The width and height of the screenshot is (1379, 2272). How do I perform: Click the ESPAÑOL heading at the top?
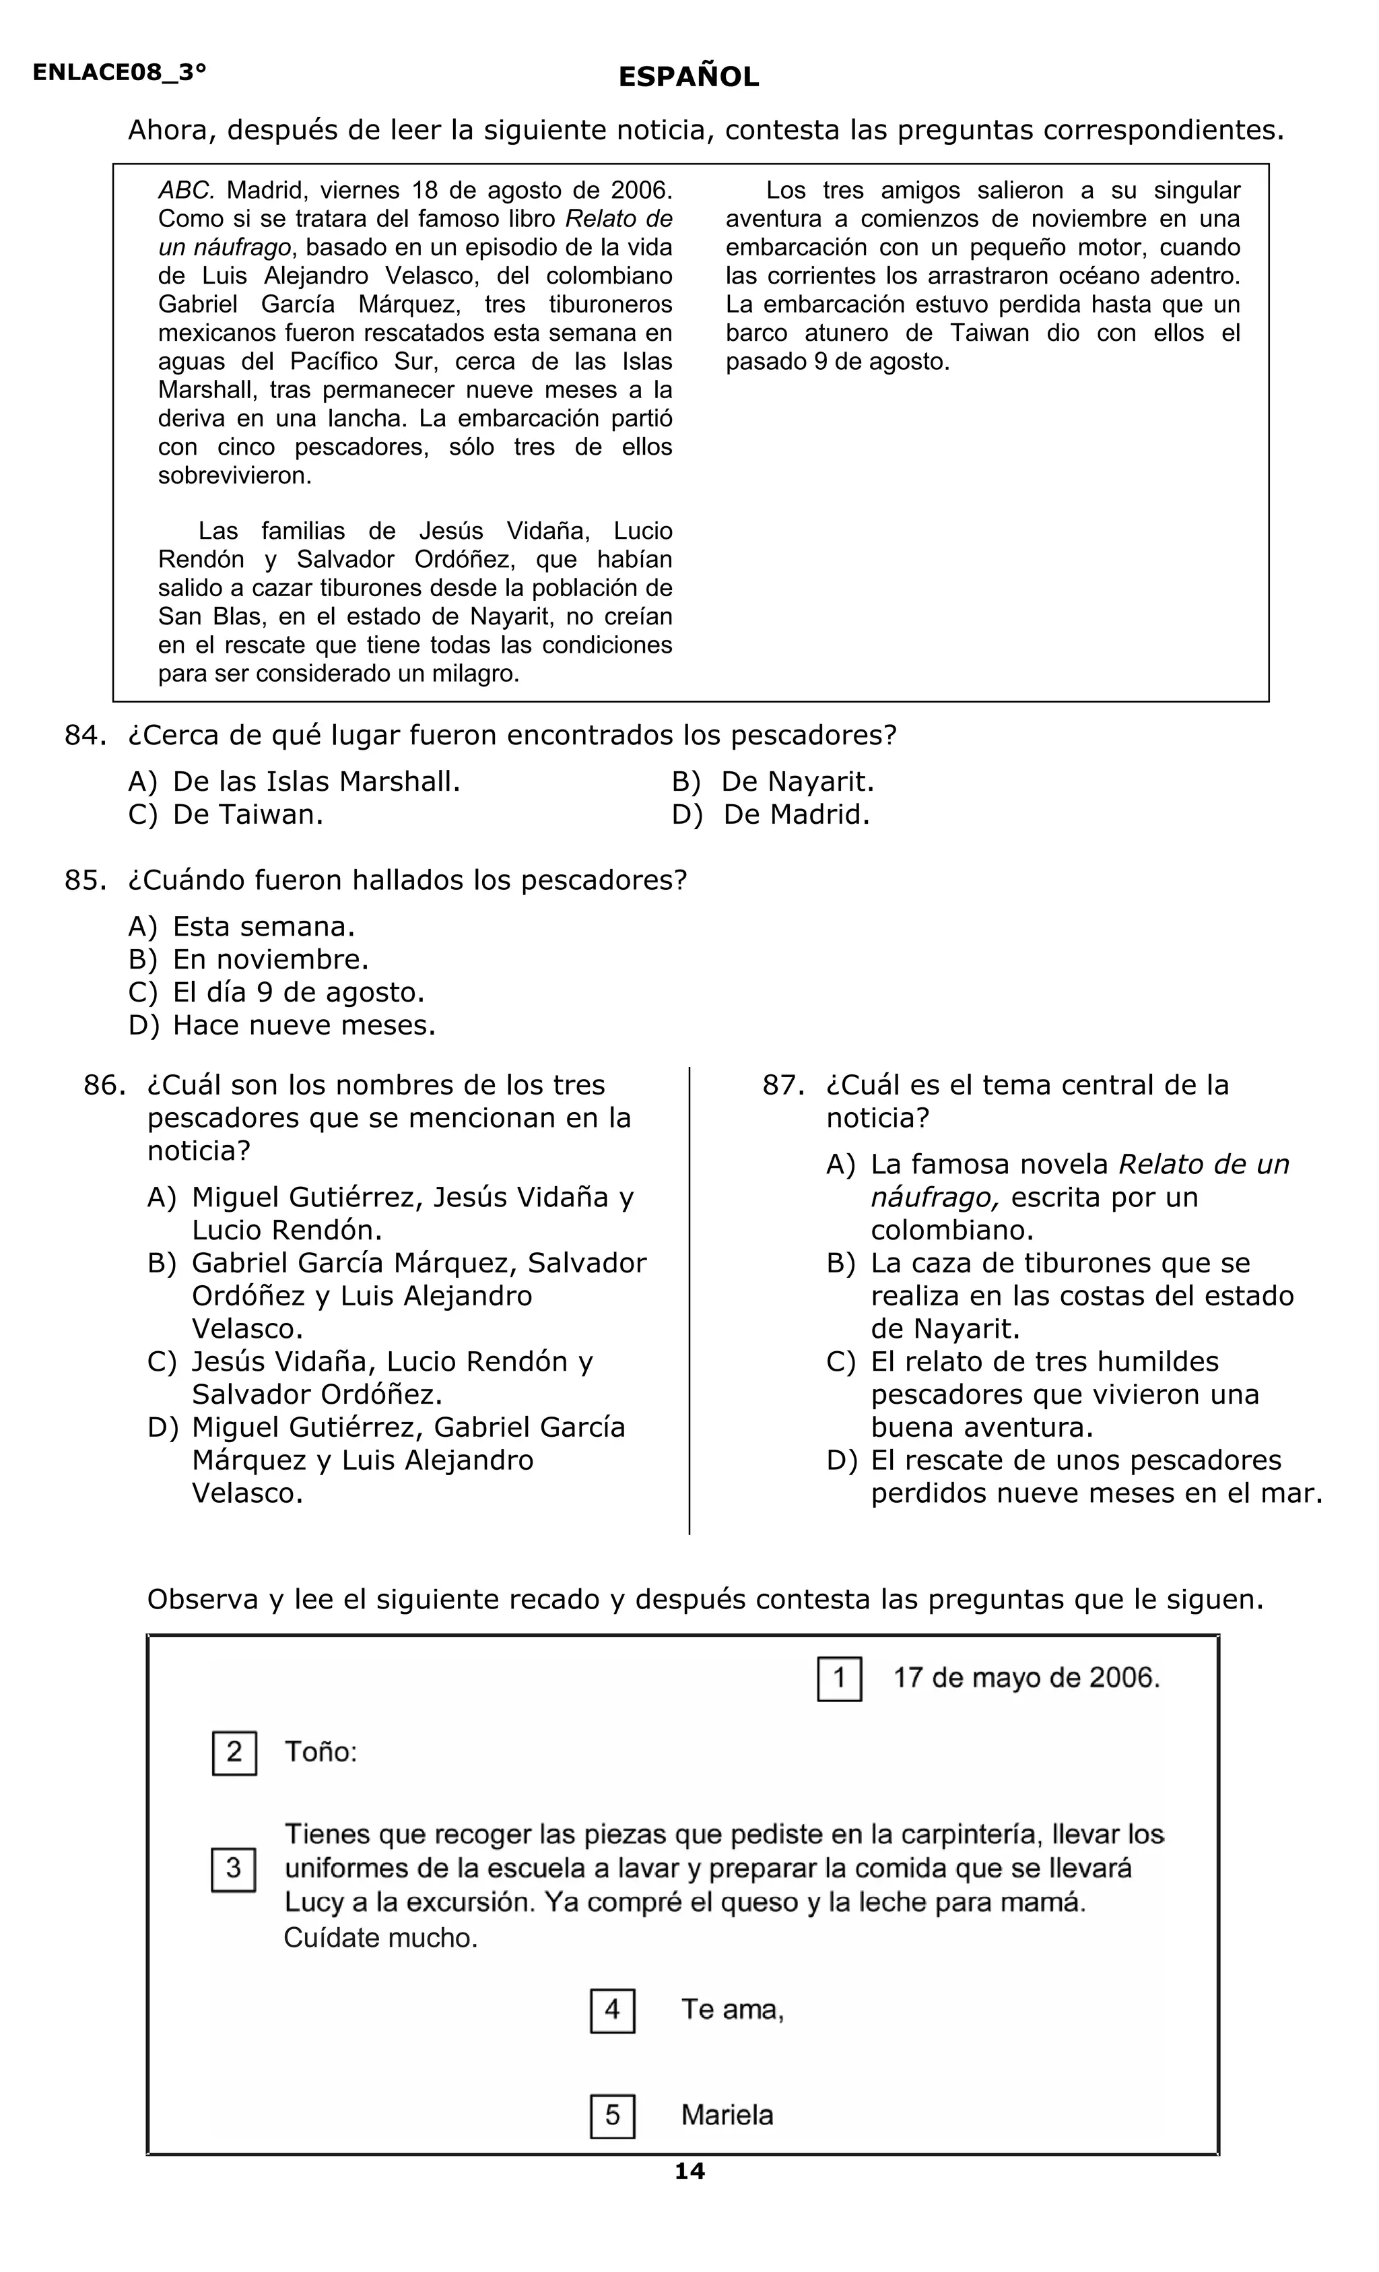[x=689, y=77]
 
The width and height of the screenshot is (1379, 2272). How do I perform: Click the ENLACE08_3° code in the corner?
[x=119, y=73]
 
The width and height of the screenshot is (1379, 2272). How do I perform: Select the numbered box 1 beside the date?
[x=839, y=1678]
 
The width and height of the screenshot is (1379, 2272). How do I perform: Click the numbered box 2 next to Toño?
[x=234, y=1752]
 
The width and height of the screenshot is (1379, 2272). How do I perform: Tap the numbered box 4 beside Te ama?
[x=612, y=2010]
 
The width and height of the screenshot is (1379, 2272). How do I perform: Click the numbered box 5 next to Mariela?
[x=612, y=2115]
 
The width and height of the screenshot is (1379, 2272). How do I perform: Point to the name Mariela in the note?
[x=727, y=2115]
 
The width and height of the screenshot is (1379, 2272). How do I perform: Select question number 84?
[x=85, y=735]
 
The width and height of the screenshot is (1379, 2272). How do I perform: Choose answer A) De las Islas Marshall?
[x=295, y=782]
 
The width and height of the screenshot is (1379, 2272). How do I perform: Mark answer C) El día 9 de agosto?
[x=277, y=992]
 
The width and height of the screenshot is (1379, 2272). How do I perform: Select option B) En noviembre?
[x=249, y=960]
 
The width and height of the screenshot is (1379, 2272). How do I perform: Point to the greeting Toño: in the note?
[x=320, y=1752]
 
